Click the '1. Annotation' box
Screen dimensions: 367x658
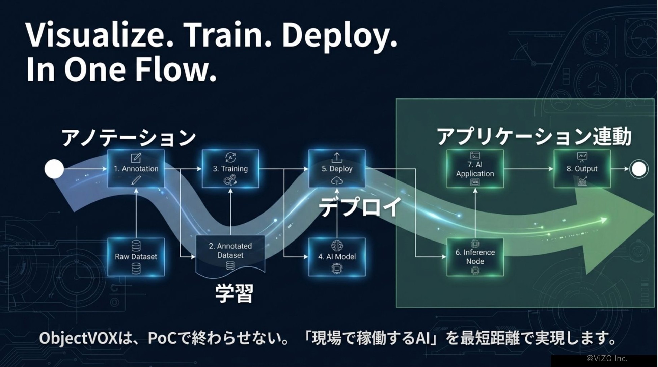coord(136,169)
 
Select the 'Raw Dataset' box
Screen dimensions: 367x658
coord(136,257)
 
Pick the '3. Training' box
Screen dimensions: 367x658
coord(230,169)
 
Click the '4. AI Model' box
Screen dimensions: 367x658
coord(337,257)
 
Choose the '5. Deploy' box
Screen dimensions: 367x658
coord(337,169)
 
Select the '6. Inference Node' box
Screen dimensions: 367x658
coord(475,257)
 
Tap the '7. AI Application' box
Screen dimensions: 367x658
coord(475,169)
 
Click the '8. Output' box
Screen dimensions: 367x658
coord(582,169)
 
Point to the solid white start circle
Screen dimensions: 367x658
coord(54,169)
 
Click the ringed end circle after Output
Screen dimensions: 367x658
coord(638,169)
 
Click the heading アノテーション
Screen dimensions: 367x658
coord(129,138)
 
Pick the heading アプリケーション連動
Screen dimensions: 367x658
coord(534,137)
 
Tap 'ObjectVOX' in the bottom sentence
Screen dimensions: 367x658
coord(78,338)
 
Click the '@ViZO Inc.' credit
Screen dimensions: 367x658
coord(607,358)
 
